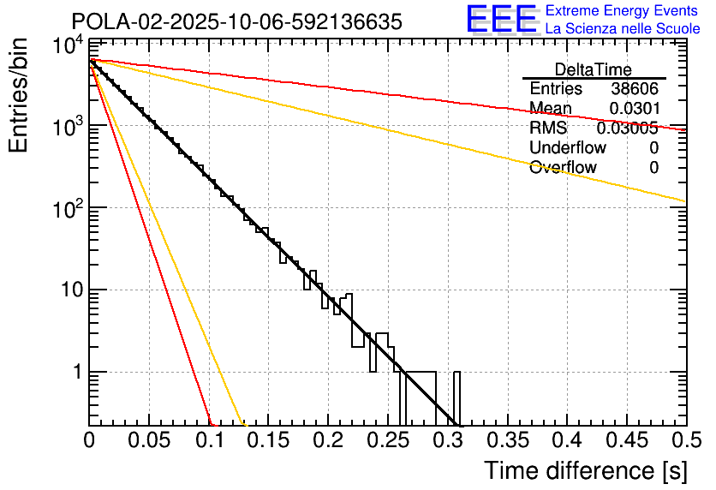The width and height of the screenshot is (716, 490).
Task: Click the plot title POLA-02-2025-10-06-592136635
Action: (236, 22)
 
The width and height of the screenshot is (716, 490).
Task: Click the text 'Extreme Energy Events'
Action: (622, 11)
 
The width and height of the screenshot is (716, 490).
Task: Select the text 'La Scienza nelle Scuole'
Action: (622, 28)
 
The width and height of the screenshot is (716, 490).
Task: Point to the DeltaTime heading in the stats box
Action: (594, 69)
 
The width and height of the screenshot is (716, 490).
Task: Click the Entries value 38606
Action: (635, 89)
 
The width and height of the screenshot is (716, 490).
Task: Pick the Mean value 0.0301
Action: (634, 108)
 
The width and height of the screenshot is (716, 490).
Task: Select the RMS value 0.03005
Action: (627, 128)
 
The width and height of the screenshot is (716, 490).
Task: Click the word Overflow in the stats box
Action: (563, 168)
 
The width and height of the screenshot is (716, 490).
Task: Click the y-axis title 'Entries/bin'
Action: (19, 96)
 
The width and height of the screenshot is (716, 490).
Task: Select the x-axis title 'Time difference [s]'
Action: (585, 470)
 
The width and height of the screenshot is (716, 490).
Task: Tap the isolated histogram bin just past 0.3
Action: (457, 398)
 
